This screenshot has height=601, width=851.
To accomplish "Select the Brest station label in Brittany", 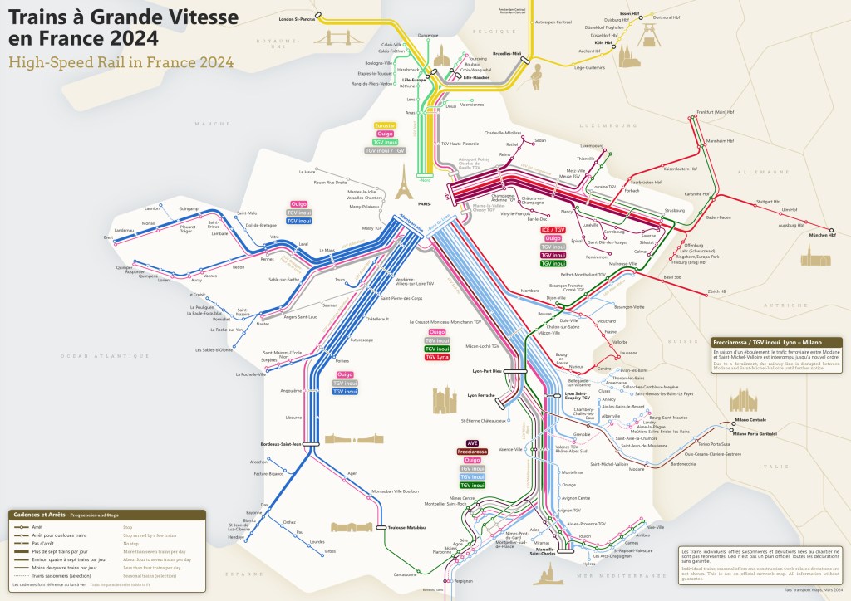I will click(107, 237).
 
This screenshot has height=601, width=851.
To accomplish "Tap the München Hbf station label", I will click(824, 237).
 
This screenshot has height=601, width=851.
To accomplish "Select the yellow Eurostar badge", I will click(386, 125).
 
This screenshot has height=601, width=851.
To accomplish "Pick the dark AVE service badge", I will click(473, 443).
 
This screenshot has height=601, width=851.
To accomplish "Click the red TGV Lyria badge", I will click(437, 357).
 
